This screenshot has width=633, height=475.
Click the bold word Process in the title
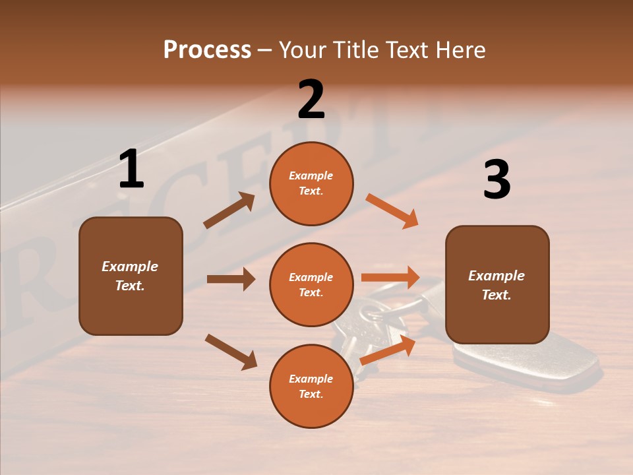pyautogui.click(x=207, y=50)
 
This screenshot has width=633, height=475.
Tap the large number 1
pyautogui.click(x=131, y=169)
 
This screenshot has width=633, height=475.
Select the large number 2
pyautogui.click(x=311, y=100)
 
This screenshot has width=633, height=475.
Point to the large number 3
pyautogui.click(x=497, y=179)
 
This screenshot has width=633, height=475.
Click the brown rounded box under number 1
pyautogui.click(x=131, y=276)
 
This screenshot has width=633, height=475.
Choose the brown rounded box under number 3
pyautogui.click(x=497, y=284)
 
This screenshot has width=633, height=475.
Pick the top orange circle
pyautogui.click(x=311, y=183)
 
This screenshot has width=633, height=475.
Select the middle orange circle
pyautogui.click(x=311, y=284)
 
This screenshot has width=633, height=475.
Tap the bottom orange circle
pyautogui.click(x=311, y=386)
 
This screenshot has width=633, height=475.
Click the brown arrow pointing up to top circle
pyautogui.click(x=229, y=210)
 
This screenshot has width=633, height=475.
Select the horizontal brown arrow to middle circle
pyautogui.click(x=231, y=279)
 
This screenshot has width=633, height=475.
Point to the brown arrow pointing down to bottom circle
pyautogui.click(x=231, y=352)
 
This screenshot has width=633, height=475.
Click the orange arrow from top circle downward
pyautogui.click(x=392, y=211)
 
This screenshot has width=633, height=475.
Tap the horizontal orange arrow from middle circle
pyautogui.click(x=390, y=278)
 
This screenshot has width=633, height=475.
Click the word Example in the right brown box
pyautogui.click(x=497, y=276)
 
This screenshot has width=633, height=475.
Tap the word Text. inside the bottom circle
pyautogui.click(x=311, y=394)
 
